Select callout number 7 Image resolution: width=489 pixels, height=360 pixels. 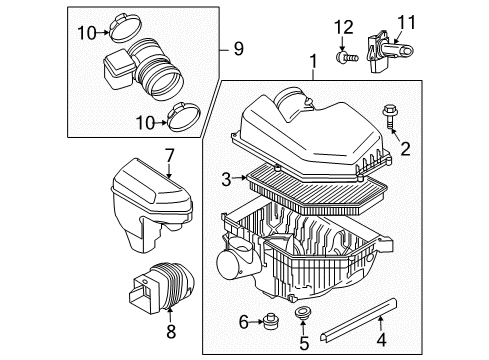coord(170,156)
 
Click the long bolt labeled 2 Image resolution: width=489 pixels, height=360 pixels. coord(388,118)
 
